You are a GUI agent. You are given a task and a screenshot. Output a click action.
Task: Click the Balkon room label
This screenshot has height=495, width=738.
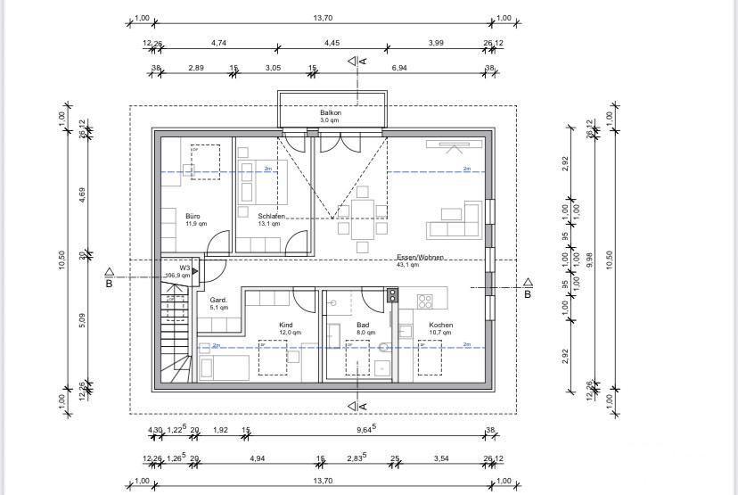click(x=331, y=113)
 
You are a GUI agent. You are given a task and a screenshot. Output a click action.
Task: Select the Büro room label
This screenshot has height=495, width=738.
click(x=193, y=216)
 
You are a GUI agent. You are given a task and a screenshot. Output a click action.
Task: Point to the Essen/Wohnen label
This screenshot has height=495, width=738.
click(x=420, y=258)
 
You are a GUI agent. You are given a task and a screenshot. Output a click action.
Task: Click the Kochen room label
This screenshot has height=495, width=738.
click(x=440, y=326)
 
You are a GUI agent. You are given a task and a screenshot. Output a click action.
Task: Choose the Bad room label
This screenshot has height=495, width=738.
click(x=363, y=326)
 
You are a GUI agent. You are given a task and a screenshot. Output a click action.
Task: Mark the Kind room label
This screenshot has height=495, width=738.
click(x=286, y=326)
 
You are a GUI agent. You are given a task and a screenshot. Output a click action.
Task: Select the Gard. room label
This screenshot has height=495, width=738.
click(x=218, y=301)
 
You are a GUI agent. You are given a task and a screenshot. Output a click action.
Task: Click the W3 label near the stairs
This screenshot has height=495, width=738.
click(x=184, y=268)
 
